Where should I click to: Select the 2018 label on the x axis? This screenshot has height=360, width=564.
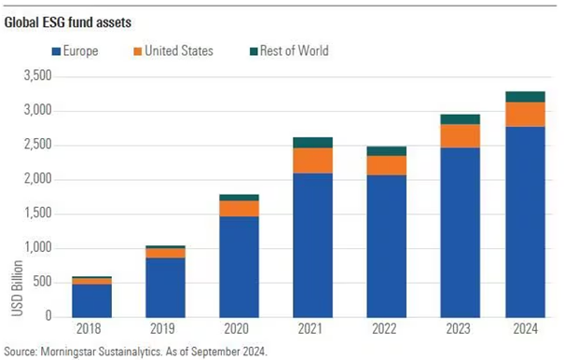coord(92,328)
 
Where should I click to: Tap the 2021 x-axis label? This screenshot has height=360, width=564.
coord(312,328)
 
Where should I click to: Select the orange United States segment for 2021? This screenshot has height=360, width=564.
coord(312,160)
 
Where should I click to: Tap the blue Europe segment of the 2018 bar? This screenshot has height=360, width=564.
coord(92,299)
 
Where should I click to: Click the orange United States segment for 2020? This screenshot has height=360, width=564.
coord(239,208)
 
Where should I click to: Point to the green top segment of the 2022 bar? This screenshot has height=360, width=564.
coord(386,151)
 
